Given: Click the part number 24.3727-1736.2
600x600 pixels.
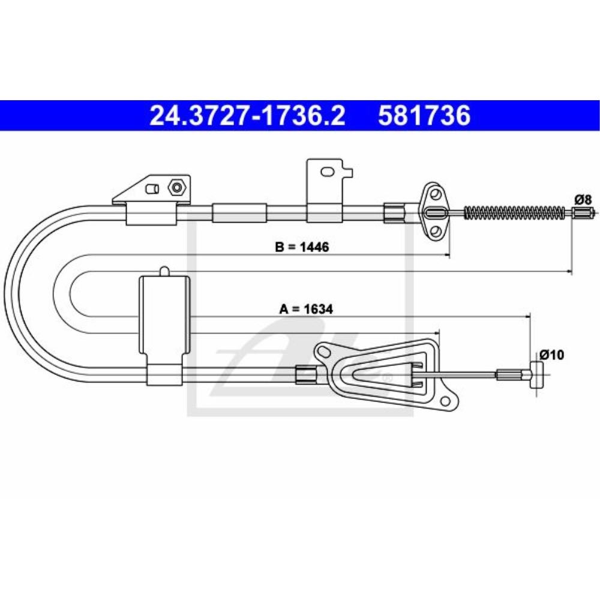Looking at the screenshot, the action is [247, 116].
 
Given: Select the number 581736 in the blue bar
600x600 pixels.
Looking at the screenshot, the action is [424, 116].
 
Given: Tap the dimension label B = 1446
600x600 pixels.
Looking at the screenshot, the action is [302, 247].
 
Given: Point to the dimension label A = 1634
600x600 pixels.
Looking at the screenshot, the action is [306, 309].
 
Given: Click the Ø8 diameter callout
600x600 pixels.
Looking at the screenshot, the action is [583, 199].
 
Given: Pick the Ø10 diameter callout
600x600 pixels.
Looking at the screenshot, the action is [551, 355].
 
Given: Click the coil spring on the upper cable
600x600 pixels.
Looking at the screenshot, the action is [514, 212].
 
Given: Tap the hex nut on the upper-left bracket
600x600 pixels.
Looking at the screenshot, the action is [176, 187].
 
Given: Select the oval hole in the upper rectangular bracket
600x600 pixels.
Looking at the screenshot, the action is [327, 172].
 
